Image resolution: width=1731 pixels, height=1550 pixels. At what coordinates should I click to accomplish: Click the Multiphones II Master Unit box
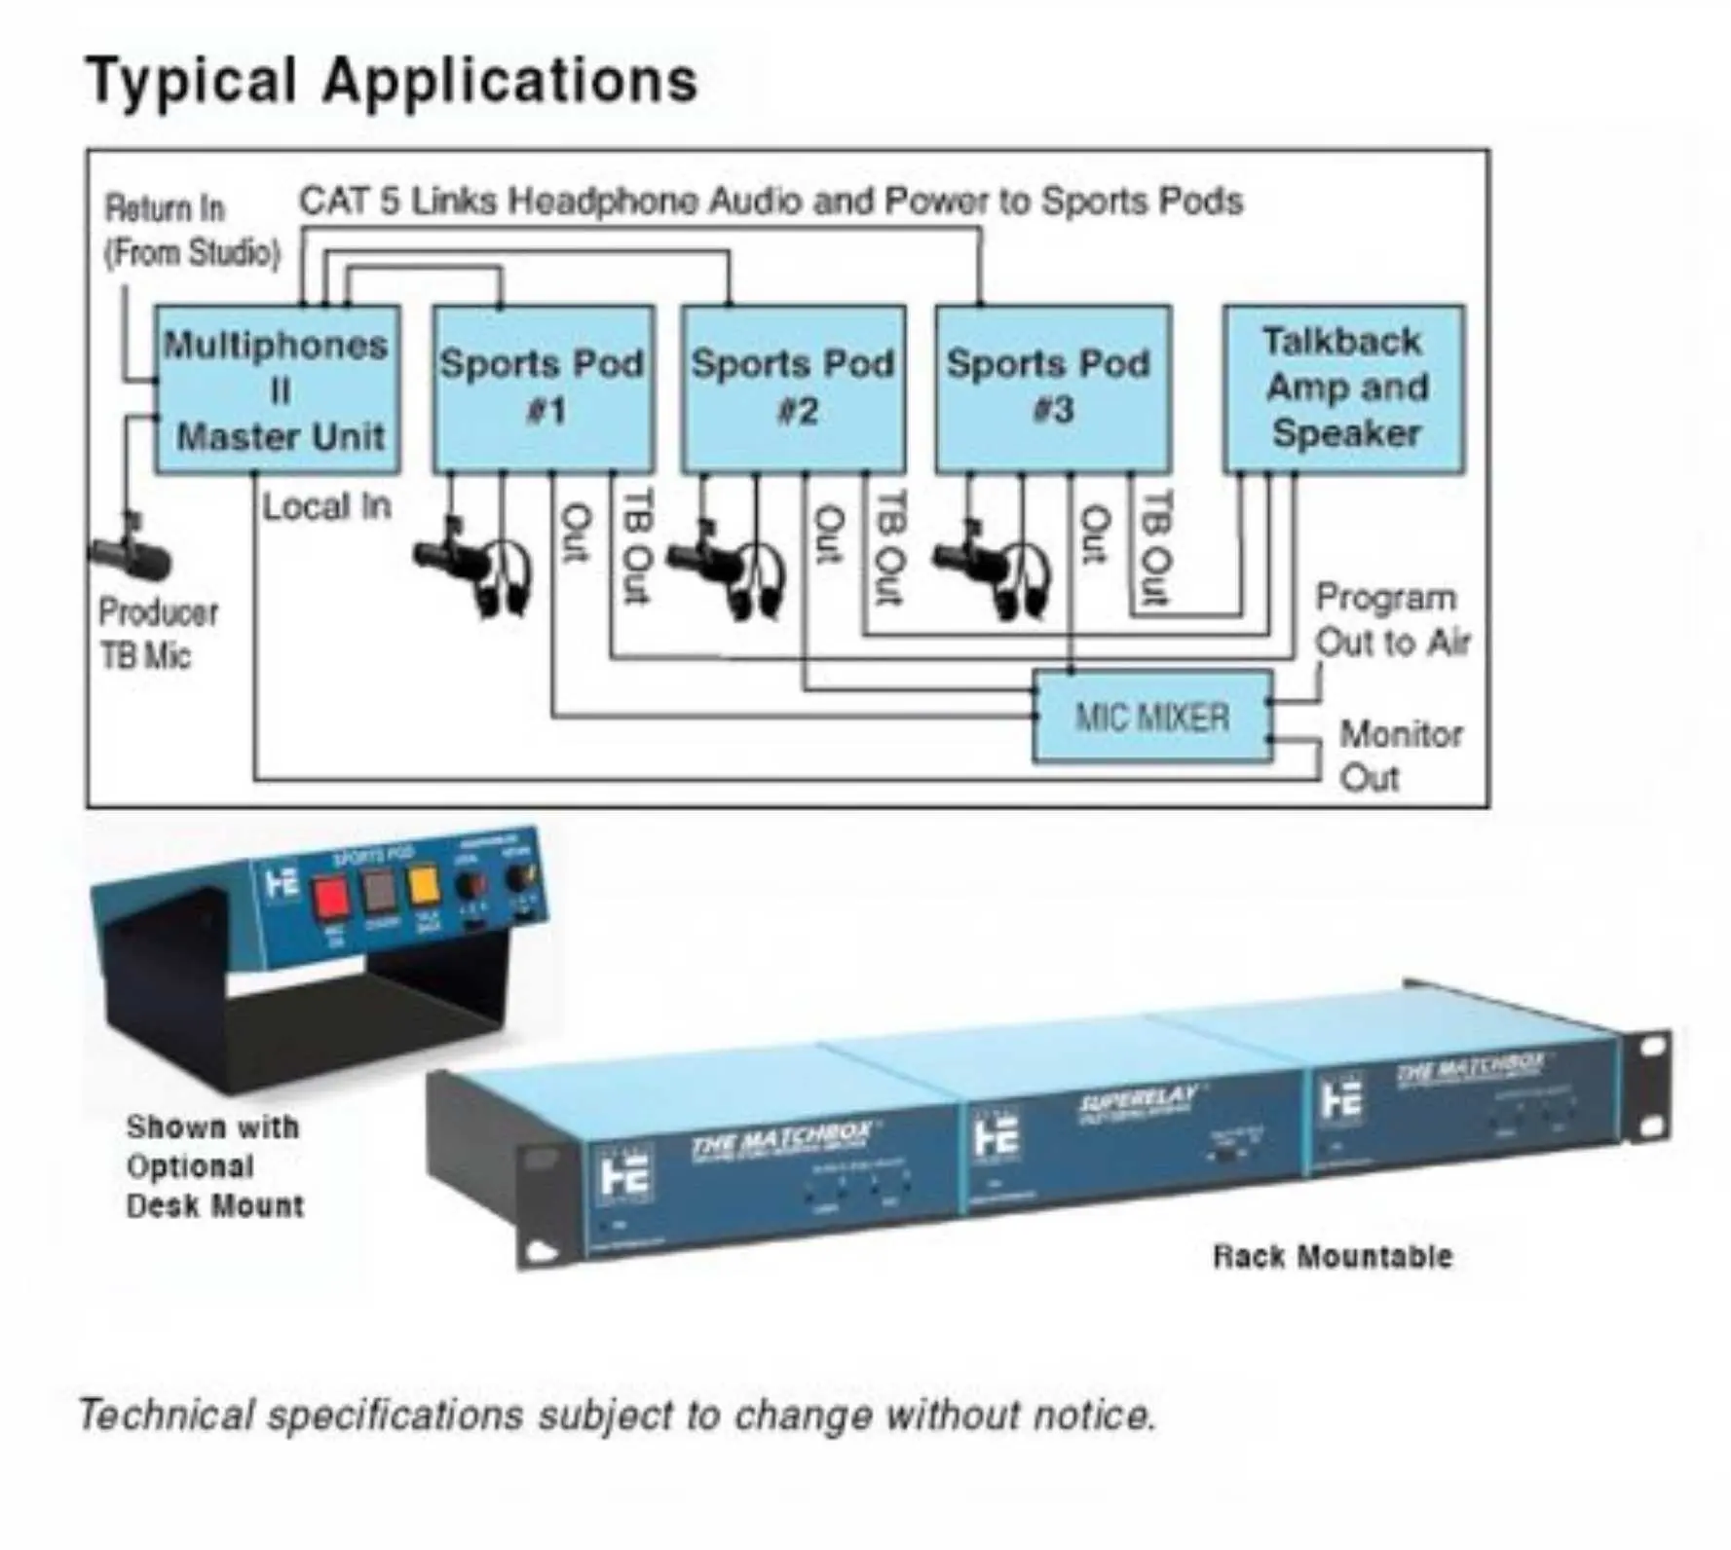pyautogui.click(x=278, y=389)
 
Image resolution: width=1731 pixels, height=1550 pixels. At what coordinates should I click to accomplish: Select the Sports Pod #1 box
pyautogui.click(x=543, y=389)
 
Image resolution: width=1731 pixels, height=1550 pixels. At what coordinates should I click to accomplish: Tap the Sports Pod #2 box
pyautogui.click(x=793, y=389)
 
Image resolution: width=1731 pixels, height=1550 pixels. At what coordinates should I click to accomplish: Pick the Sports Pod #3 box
pyautogui.click(x=1052, y=389)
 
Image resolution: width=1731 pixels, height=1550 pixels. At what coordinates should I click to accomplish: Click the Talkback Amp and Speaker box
pyautogui.click(x=1344, y=388)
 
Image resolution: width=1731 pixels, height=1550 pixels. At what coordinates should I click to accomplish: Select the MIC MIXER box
pyautogui.click(x=1151, y=718)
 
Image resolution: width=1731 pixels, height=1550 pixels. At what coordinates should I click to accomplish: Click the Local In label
pyautogui.click(x=326, y=507)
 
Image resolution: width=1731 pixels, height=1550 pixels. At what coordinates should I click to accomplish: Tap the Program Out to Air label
pyautogui.click(x=1391, y=620)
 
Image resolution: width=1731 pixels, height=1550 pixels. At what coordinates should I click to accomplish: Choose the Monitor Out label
pyautogui.click(x=1399, y=756)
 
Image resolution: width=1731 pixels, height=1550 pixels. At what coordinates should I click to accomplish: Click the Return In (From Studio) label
pyautogui.click(x=191, y=231)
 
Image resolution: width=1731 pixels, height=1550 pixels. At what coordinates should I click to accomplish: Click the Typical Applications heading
pyautogui.click(x=392, y=80)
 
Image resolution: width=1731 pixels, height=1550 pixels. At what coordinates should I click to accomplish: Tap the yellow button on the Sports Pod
pyautogui.click(x=425, y=886)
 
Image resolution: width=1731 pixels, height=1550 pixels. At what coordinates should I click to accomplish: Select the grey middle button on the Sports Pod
pyautogui.click(x=379, y=890)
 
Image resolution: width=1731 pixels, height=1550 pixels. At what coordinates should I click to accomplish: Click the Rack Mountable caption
pyautogui.click(x=1332, y=1257)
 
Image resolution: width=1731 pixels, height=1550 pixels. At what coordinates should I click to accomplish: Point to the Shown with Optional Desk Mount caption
pyautogui.click(x=214, y=1166)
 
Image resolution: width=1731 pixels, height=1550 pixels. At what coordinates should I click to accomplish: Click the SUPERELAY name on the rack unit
pyautogui.click(x=1137, y=1101)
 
